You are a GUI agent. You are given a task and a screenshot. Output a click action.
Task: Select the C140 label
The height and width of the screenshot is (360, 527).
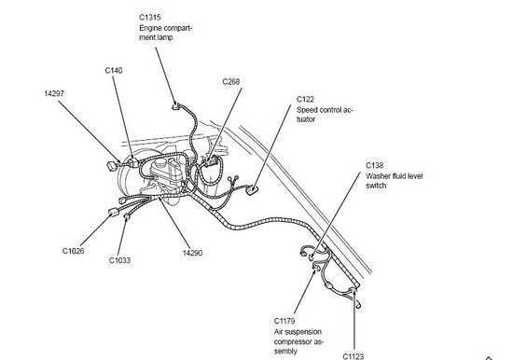pyautogui.click(x=115, y=70)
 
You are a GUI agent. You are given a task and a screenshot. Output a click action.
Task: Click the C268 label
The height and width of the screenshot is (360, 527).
pyautogui.click(x=231, y=82)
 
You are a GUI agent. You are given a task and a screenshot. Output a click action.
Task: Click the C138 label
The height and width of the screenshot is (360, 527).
pyautogui.click(x=374, y=164)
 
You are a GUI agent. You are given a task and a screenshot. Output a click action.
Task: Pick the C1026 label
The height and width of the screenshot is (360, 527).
pyautogui.click(x=75, y=250)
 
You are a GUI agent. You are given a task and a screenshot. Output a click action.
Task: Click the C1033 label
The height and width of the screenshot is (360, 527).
pyautogui.click(x=119, y=260)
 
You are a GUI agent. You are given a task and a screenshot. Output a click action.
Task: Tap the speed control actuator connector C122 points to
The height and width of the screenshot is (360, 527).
pyautogui.click(x=255, y=191)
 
